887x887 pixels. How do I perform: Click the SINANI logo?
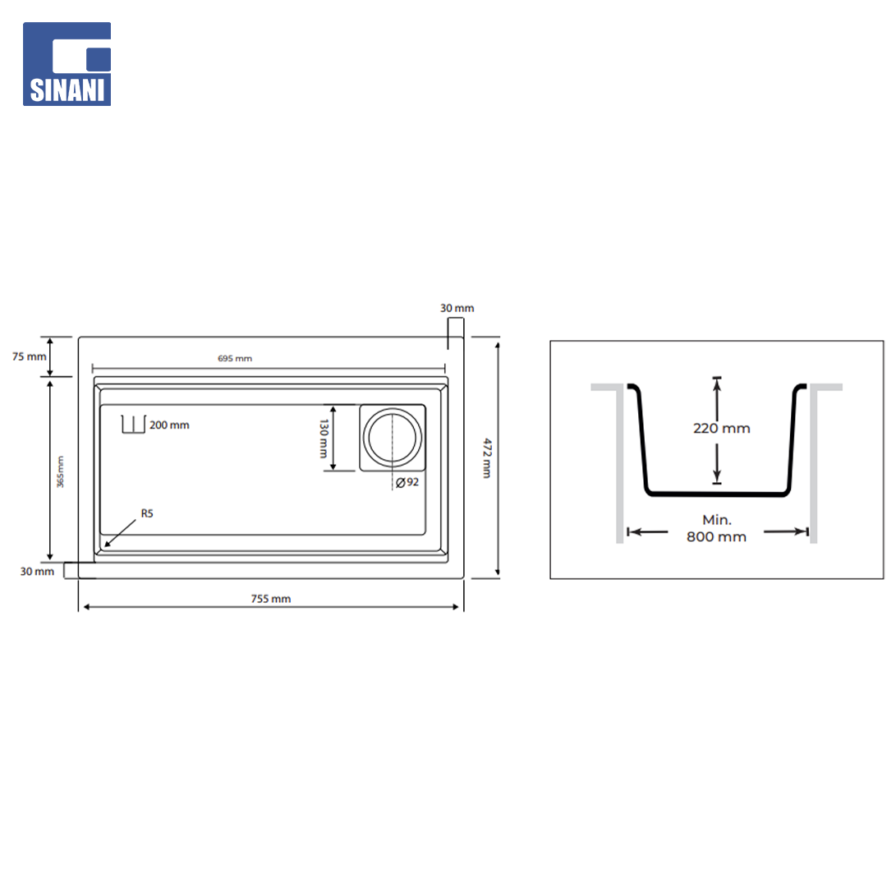pyautogui.click(x=67, y=64)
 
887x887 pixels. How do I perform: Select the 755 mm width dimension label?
pyautogui.click(x=271, y=599)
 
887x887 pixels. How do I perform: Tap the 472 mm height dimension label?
pyautogui.click(x=487, y=458)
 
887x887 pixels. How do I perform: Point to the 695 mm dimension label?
pyautogui.click(x=235, y=358)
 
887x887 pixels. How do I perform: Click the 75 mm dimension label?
pyautogui.click(x=30, y=356)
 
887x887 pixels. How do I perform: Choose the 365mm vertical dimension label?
pyautogui.click(x=61, y=471)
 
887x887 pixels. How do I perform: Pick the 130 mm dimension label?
pyautogui.click(x=324, y=439)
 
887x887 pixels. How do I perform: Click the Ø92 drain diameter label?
pyautogui.click(x=407, y=482)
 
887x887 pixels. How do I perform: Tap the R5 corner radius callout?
pyautogui.click(x=147, y=513)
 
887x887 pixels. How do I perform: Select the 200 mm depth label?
pyautogui.click(x=169, y=425)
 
